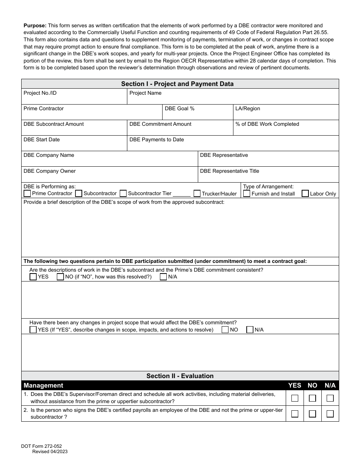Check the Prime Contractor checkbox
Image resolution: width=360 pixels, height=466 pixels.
[27, 194]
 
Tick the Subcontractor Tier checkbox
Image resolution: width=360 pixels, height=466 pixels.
[123, 194]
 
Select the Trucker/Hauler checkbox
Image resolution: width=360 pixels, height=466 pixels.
[197, 194]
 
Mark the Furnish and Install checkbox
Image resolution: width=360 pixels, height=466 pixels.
[247, 194]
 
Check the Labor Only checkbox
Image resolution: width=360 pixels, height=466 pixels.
[305, 194]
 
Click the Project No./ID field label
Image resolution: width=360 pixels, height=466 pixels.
[40, 93]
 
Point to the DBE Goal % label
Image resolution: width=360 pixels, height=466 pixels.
[180, 109]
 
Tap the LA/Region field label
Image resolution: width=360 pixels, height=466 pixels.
[248, 109]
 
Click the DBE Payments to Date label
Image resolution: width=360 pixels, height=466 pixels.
[157, 140]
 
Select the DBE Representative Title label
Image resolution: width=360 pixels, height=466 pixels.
[230, 171]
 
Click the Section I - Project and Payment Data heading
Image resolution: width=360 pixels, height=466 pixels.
[177, 84]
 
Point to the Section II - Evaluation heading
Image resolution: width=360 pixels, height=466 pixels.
[180, 376]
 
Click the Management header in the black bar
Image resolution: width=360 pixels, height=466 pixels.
[44, 386]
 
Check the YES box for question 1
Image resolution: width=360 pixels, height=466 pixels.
[294, 398]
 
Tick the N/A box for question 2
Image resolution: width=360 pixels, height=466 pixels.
[330, 414]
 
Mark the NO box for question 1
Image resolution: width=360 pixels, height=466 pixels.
[312, 398]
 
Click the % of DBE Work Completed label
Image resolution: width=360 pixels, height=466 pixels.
[267, 124]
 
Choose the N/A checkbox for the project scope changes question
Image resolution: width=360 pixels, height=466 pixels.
[250, 330]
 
